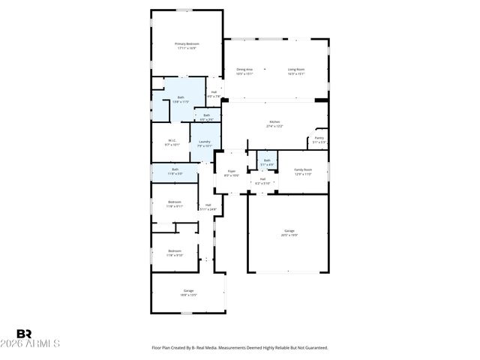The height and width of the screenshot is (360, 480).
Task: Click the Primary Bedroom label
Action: [x=186, y=46]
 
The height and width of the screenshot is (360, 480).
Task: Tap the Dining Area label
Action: [x=244, y=71]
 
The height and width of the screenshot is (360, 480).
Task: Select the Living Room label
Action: [x=296, y=71]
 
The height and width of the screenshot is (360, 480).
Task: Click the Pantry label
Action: [x=319, y=140]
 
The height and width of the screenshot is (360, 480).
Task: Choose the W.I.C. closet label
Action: [x=172, y=142]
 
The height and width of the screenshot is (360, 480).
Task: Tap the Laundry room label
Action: [x=204, y=143]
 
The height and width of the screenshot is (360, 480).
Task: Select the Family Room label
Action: [x=302, y=172]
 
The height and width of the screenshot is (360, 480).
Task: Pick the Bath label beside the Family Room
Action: [x=267, y=162]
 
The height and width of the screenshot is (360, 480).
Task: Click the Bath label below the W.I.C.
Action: [x=175, y=171]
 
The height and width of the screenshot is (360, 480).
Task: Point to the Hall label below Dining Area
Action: [x=214, y=94]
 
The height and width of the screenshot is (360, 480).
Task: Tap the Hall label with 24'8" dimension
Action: [x=208, y=207]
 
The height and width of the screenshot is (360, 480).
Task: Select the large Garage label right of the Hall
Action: [x=289, y=232]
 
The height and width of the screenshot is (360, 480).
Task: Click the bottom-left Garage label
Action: [x=188, y=292]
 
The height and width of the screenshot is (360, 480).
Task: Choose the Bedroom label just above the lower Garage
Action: [x=174, y=252]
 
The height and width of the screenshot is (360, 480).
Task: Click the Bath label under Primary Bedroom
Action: [x=181, y=99]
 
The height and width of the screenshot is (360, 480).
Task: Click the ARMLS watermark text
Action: [x=37, y=343]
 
